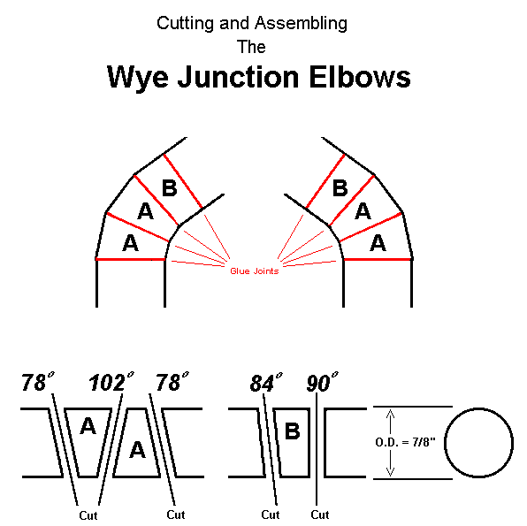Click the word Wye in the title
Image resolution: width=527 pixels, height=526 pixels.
[x=137, y=77]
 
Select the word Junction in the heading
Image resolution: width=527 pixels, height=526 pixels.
[x=238, y=77]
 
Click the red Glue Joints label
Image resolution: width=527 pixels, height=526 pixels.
[x=255, y=271]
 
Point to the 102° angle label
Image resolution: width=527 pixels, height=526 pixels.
[x=111, y=382]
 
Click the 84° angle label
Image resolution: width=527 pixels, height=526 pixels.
[x=266, y=383]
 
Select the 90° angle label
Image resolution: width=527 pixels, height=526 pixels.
[x=323, y=382]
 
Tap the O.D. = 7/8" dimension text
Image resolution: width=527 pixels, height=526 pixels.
[x=405, y=442]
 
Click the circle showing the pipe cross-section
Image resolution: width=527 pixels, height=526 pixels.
[x=478, y=408]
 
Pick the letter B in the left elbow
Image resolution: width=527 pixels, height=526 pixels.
[x=170, y=188]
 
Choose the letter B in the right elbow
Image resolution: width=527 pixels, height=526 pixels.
[x=340, y=188]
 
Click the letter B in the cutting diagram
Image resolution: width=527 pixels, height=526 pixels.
[x=292, y=431]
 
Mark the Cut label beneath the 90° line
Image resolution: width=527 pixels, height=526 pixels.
[x=319, y=515]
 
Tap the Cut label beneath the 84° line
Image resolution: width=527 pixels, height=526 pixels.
[x=271, y=515]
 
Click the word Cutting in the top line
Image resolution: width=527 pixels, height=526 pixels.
[x=185, y=24]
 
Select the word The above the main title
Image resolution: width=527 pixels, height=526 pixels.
[x=251, y=47]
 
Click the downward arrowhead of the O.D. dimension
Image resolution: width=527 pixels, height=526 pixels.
[x=390, y=471]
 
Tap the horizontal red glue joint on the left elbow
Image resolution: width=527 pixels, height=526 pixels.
[x=130, y=259]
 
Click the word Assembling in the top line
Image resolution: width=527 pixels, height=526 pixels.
[x=301, y=24]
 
